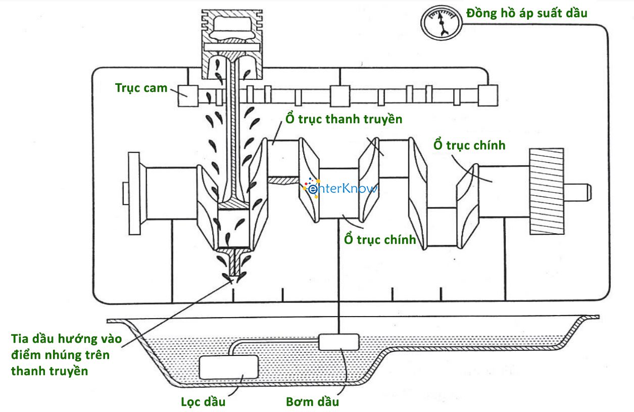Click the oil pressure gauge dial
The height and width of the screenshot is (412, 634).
click(x=442, y=23)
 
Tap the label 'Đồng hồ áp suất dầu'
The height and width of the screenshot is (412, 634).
click(x=527, y=13)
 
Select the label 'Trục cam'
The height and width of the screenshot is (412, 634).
click(x=141, y=88)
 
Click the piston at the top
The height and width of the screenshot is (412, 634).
click(x=232, y=44)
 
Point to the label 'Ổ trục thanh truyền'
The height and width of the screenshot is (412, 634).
click(x=344, y=119)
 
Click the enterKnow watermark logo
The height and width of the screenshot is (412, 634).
click(x=340, y=188)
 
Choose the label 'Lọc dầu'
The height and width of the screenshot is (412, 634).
click(x=203, y=401)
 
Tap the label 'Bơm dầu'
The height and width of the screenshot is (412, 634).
click(x=313, y=401)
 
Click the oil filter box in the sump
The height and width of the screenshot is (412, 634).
click(x=229, y=367)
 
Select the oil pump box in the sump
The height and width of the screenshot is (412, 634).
click(x=339, y=342)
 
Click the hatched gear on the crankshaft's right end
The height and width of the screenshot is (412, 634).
click(x=547, y=191)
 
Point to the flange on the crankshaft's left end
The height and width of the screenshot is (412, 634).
click(x=134, y=193)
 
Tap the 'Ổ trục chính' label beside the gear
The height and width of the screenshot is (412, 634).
click(x=469, y=145)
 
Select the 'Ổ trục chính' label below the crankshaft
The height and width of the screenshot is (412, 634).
click(x=380, y=239)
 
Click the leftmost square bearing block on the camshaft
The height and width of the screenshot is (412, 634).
click(x=188, y=96)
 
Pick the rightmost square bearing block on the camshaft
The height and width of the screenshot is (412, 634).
click(x=488, y=95)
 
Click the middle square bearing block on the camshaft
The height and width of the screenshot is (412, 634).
click(x=340, y=96)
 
